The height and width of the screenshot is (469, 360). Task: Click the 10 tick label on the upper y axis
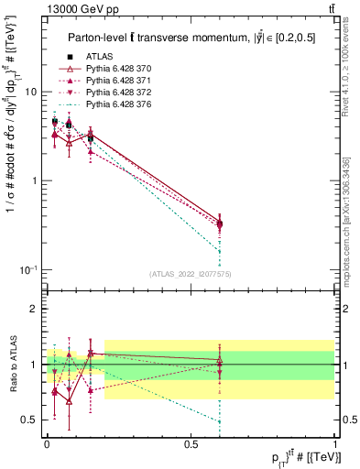(31, 93)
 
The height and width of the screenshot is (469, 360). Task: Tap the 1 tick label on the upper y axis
(35, 180)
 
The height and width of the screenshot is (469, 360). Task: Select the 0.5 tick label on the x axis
(191, 443)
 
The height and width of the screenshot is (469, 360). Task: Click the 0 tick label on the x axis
(47, 443)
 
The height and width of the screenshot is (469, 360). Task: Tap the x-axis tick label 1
(335, 443)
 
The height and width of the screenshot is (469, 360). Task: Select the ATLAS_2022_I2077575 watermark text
(191, 273)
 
